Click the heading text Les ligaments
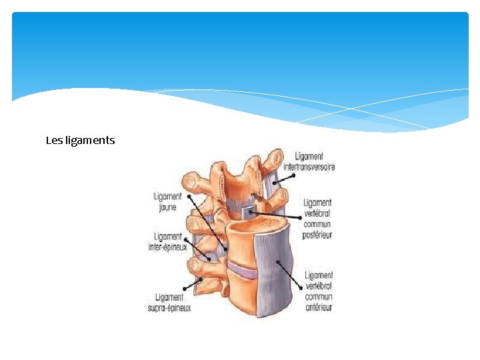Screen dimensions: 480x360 (x=80, y=141)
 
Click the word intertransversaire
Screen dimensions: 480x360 (x=309, y=167)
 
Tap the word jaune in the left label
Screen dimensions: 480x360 (x=167, y=207)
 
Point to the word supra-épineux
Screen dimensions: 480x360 (x=169, y=307)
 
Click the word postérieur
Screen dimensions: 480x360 (x=318, y=235)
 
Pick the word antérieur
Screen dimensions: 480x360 (x=319, y=307)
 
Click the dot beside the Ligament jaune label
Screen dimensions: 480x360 (x=189, y=197)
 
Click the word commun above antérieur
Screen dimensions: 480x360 (x=319, y=296)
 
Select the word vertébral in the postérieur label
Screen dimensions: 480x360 (x=317, y=213)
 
